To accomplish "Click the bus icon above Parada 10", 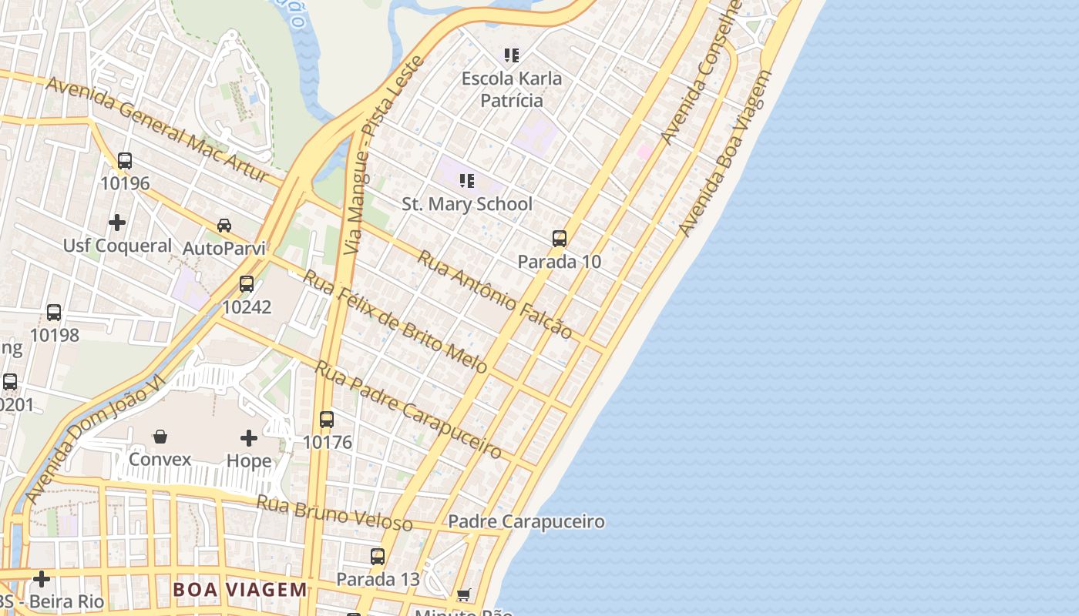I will pos(560,239).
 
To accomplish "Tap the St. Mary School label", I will pos(467,204).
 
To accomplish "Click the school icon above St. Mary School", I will pos(466,181).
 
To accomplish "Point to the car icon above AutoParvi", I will pos(224,226).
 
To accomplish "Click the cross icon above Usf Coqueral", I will pos(117,223).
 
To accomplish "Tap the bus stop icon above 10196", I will pos(125,161).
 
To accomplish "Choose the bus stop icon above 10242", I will pos(247,284).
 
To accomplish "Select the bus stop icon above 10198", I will pos(54,313).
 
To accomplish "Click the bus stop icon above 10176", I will pos(327,420).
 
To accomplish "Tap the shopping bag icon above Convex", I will pos(160,437).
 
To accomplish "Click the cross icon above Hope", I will pos(248,438).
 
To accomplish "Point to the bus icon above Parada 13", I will pos(378,557).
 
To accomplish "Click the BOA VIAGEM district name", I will pos(240,590).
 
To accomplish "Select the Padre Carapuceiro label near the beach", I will pos(526,522).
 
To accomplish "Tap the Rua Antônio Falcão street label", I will pos(494,294).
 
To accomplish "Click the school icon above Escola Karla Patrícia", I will pos(512,55).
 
